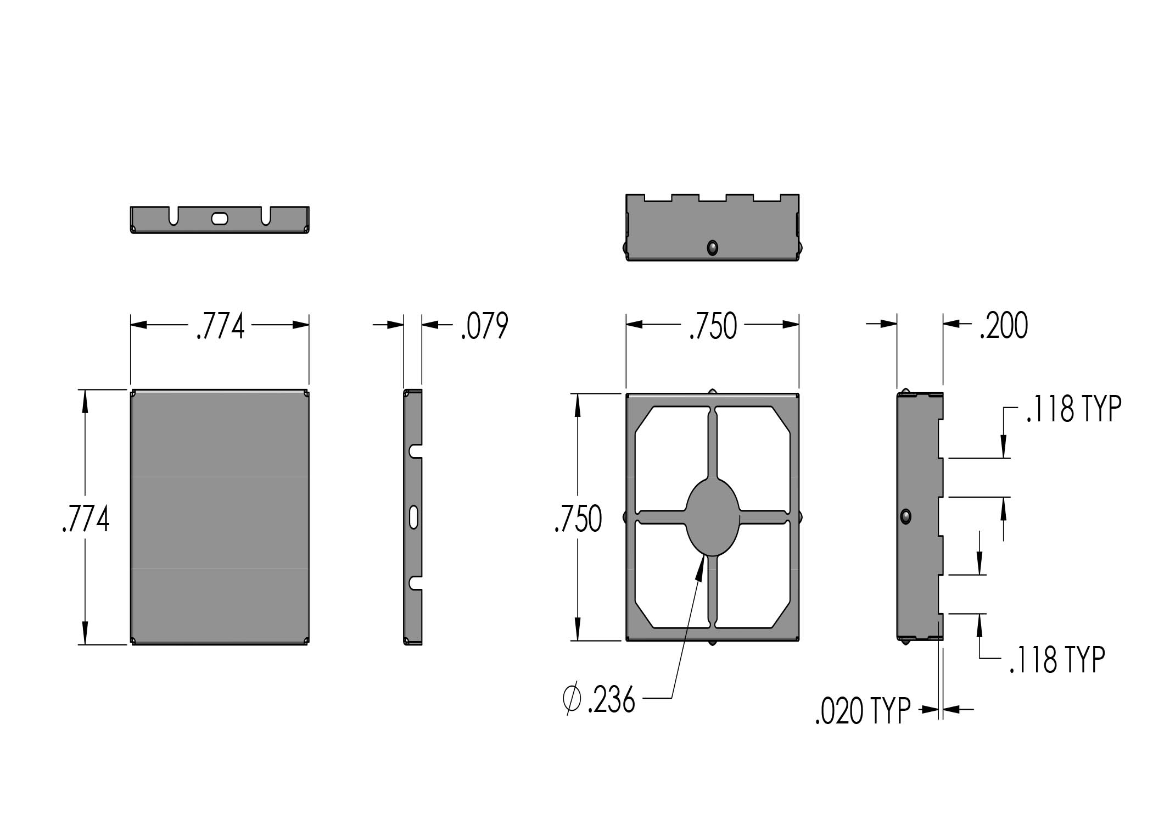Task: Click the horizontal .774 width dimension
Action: click(220, 327)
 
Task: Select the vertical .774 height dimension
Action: click(86, 519)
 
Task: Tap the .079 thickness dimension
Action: click(484, 327)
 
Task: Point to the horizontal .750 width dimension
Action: click(713, 327)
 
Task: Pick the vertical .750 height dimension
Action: click(578, 519)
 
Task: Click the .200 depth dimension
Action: click(1004, 326)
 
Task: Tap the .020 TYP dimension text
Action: click(863, 712)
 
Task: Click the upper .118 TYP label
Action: click(1073, 409)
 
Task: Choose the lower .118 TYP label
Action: click(1057, 660)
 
